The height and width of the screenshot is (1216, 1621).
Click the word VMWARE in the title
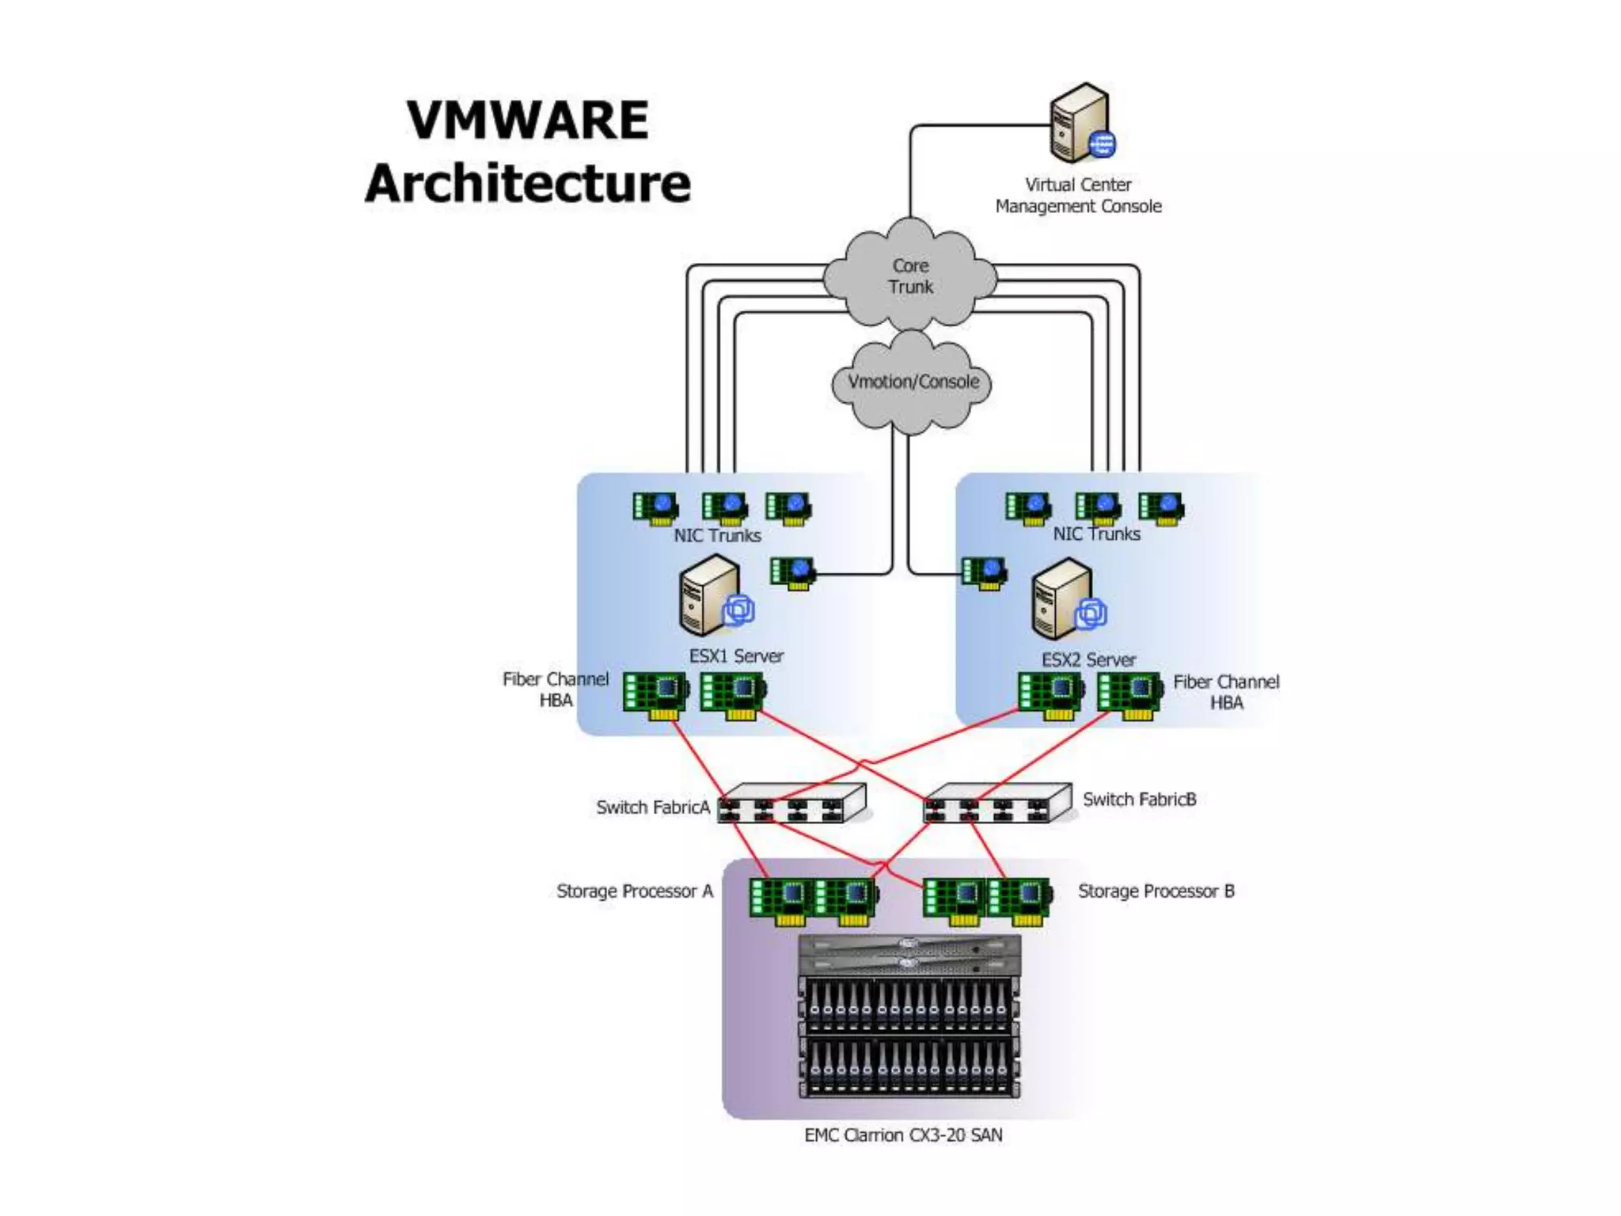point(528,120)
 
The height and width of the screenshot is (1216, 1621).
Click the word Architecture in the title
point(528,184)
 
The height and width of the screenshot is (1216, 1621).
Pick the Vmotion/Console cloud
point(913,382)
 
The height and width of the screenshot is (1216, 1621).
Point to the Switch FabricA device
point(792,804)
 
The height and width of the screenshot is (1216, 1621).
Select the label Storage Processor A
point(635,891)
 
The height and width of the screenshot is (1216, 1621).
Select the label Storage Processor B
point(1156,891)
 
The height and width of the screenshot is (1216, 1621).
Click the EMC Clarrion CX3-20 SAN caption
point(903,1135)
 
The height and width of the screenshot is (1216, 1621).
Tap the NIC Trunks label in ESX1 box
point(717,536)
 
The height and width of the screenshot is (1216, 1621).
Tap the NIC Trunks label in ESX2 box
point(1096,534)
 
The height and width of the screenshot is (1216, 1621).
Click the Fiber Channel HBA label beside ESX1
point(556,690)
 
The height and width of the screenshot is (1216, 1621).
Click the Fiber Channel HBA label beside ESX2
point(1226,692)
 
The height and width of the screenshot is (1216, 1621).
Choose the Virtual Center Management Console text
point(1078,196)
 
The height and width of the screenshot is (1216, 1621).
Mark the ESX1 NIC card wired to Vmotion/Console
point(792,572)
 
